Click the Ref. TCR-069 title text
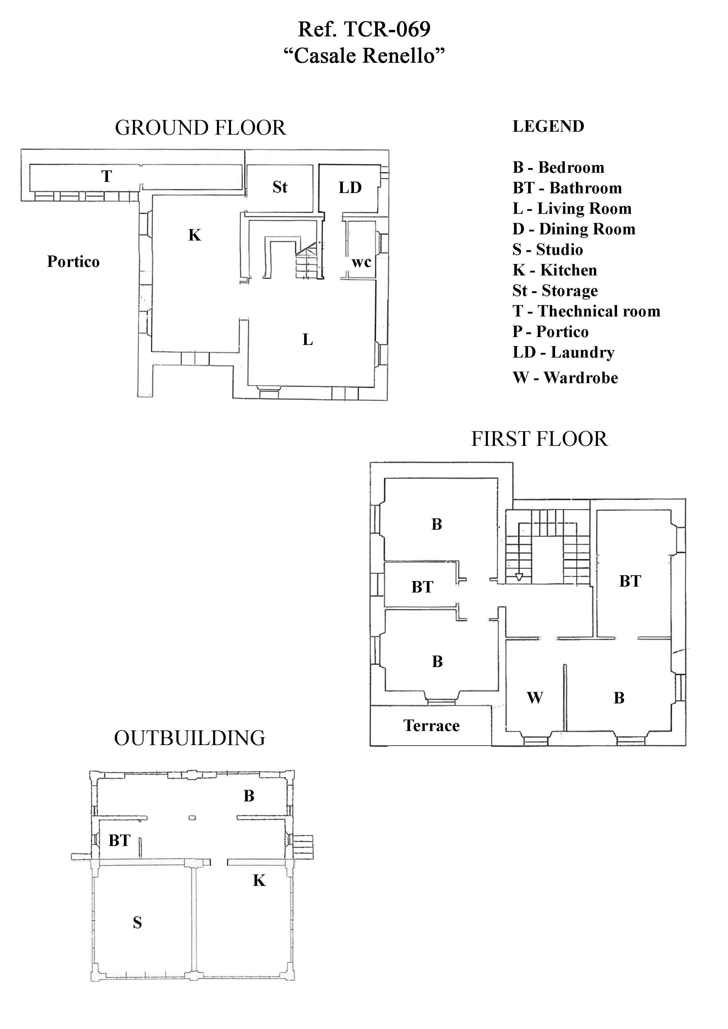coord(364,29)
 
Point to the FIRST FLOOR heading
coord(539,439)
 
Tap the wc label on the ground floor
coord(362,262)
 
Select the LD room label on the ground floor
coord(350,187)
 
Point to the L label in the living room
coord(307,340)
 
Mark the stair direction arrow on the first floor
coord(519,577)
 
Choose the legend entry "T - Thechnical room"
coord(586,311)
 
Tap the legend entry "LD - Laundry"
coord(563,353)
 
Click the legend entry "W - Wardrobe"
coord(565,378)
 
